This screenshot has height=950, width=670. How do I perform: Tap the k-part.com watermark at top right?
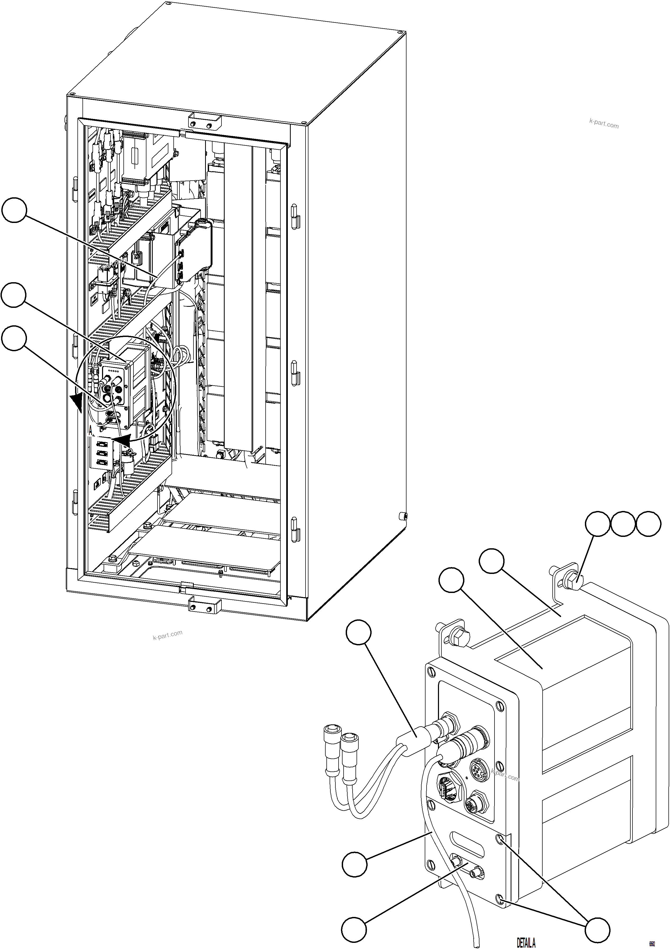604,124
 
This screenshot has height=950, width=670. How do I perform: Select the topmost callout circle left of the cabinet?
14,210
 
